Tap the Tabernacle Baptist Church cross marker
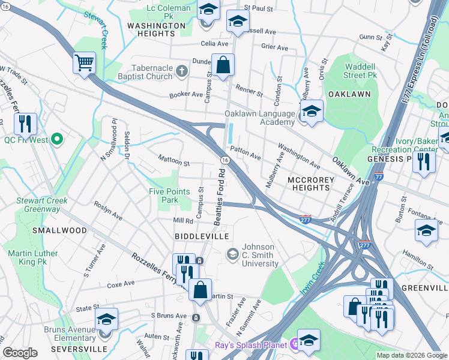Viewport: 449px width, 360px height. coord(182,72)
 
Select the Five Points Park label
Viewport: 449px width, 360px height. coord(169,196)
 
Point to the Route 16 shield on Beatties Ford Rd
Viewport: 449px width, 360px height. coord(224,160)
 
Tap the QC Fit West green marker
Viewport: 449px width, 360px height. coord(57,140)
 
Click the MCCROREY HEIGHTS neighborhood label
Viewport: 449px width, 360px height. coord(309,184)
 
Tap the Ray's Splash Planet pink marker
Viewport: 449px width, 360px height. coord(294,344)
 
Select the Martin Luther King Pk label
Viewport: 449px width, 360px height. coord(33,258)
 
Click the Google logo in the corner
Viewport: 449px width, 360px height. coord(20,353)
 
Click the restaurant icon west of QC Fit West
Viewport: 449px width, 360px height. coord(25,124)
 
